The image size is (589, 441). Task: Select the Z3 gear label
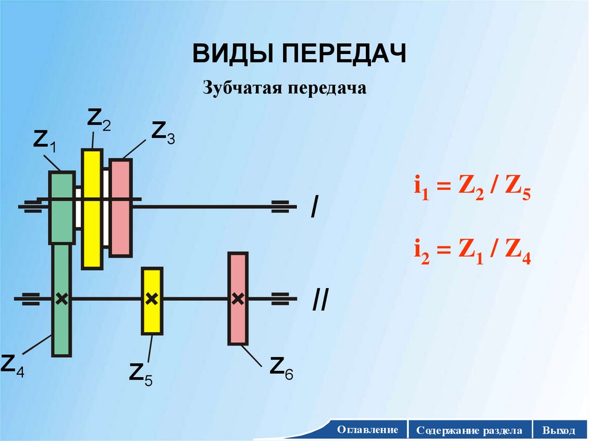click(x=162, y=132)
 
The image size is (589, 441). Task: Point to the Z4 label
click(x=13, y=365)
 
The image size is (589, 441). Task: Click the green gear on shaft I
click(x=62, y=207)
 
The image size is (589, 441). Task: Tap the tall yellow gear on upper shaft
click(x=92, y=209)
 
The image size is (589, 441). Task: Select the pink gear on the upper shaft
click(x=121, y=208)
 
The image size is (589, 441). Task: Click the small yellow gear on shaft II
click(x=152, y=301)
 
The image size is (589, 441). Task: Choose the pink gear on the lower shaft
click(x=238, y=298)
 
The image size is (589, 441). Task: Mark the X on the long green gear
click(x=62, y=298)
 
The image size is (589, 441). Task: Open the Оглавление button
click(x=368, y=430)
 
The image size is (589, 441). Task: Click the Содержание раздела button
click(x=470, y=430)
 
